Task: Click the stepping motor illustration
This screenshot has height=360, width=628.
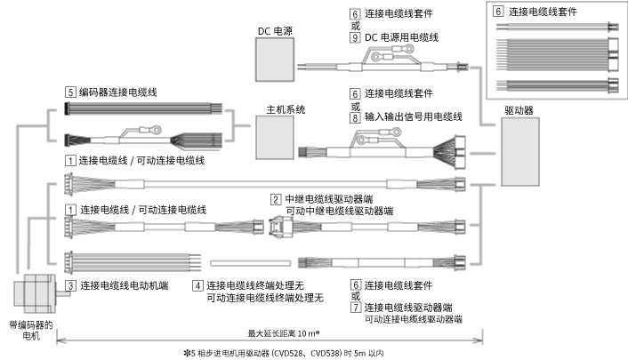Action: [32, 295]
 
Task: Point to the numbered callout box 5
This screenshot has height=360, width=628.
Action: [69, 92]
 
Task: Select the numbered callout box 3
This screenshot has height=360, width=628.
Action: [69, 285]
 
